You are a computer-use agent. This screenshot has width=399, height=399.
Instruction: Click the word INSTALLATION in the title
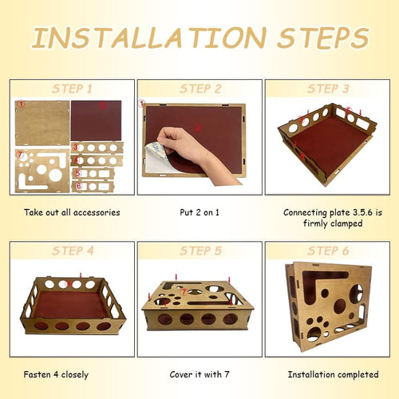point(149,38)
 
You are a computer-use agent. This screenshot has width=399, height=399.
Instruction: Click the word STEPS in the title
point(323,38)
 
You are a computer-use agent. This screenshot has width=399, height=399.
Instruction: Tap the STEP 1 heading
point(72,89)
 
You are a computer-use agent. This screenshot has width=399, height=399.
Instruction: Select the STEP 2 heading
point(200,89)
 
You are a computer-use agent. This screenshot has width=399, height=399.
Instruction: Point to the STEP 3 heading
point(328,89)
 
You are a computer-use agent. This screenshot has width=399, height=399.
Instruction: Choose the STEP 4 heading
point(73,251)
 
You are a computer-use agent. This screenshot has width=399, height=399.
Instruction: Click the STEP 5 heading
point(200,251)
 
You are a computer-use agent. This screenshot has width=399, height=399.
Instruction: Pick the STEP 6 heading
point(328,251)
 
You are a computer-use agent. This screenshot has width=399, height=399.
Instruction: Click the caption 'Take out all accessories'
point(72,212)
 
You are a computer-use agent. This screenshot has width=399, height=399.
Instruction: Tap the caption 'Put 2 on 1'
point(199,212)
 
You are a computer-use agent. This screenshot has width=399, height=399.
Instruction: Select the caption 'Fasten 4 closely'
point(56,375)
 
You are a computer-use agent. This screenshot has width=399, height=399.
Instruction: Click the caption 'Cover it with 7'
point(199,374)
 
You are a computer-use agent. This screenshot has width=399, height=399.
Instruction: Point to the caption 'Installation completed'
point(333,374)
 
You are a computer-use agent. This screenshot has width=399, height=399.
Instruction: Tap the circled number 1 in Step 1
point(21,104)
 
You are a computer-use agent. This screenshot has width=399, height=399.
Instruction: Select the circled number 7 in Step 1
point(20,154)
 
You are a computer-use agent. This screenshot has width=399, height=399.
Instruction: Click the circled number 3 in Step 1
point(76,147)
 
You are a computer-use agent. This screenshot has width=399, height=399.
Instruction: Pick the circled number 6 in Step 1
point(78,185)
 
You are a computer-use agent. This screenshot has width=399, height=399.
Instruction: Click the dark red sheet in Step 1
point(97,120)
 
